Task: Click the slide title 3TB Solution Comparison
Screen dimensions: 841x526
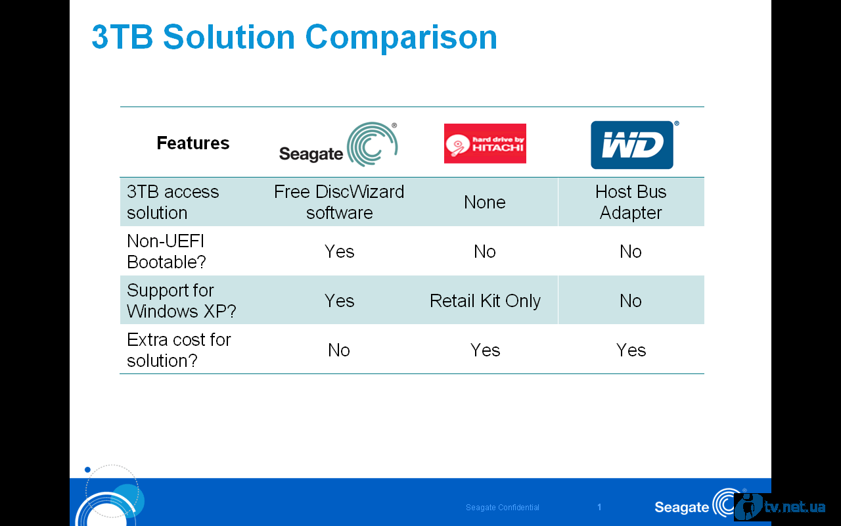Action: pyautogui.click(x=294, y=37)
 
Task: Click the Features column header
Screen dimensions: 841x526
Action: pyautogui.click(x=193, y=143)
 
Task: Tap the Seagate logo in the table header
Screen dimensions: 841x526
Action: pyautogui.click(x=338, y=144)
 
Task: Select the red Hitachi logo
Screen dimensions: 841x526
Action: pyautogui.click(x=485, y=143)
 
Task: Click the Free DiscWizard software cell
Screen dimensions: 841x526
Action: pyautogui.click(x=339, y=202)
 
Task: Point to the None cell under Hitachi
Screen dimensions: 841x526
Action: pyautogui.click(x=485, y=202)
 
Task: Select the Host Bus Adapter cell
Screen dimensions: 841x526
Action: pyautogui.click(x=631, y=202)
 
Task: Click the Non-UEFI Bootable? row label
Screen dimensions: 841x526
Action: pyautogui.click(x=166, y=251)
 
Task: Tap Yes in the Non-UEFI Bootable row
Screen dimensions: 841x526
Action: pyautogui.click(x=339, y=251)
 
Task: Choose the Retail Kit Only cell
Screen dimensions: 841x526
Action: pyautogui.click(x=485, y=300)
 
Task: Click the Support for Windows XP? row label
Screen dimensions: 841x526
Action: pyautogui.click(x=181, y=300)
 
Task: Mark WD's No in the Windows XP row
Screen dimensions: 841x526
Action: pyautogui.click(x=631, y=300)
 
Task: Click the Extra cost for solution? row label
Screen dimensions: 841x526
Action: pyautogui.click(x=179, y=350)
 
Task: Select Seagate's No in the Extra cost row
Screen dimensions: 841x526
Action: pyautogui.click(x=339, y=350)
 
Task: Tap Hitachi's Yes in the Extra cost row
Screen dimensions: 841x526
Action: pyautogui.click(x=485, y=350)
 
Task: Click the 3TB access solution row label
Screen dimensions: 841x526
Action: pyautogui.click(x=173, y=202)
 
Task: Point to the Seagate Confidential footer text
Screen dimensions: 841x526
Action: pyautogui.click(x=503, y=507)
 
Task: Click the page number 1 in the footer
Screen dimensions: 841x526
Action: pyautogui.click(x=599, y=507)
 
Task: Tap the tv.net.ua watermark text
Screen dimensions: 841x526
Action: pyautogui.click(x=795, y=507)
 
